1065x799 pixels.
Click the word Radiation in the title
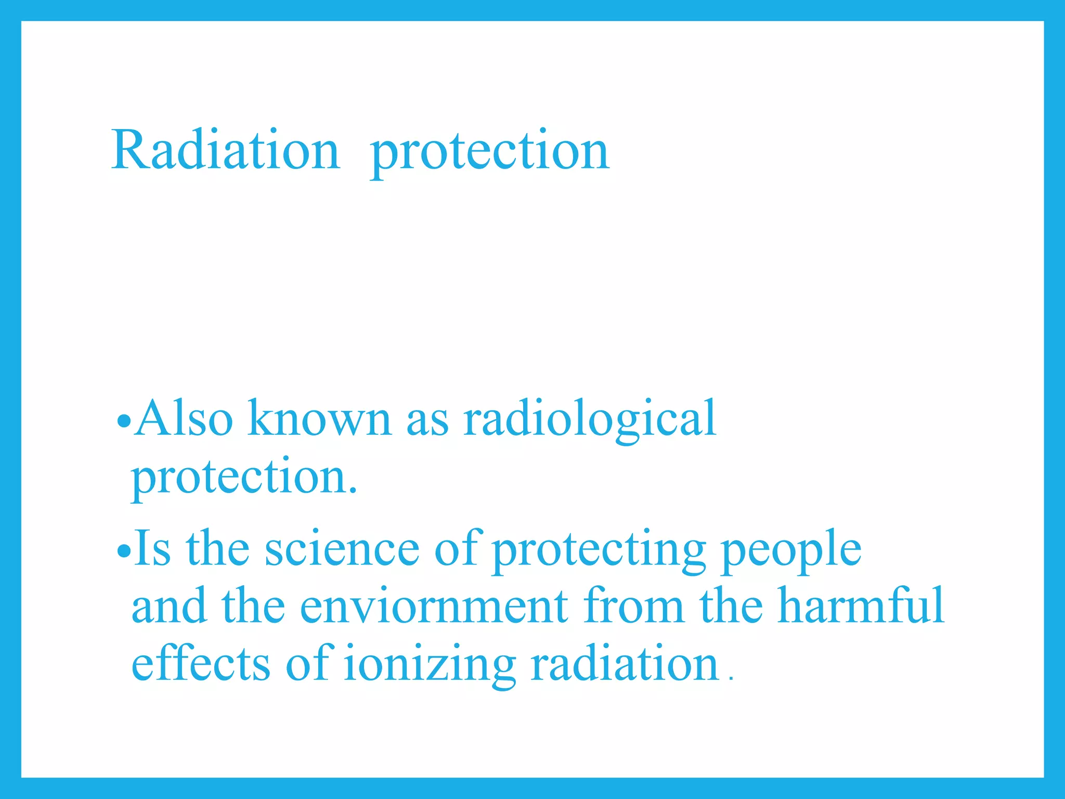(225, 150)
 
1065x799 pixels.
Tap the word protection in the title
(489, 152)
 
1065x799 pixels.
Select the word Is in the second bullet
(152, 549)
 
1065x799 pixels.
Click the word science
(342, 550)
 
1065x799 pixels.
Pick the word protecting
(599, 552)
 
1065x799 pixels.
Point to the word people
(791, 552)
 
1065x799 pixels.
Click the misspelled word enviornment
(434, 607)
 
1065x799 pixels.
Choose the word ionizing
(430, 666)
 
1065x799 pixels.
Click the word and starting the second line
(169, 607)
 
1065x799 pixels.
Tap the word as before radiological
(427, 420)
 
